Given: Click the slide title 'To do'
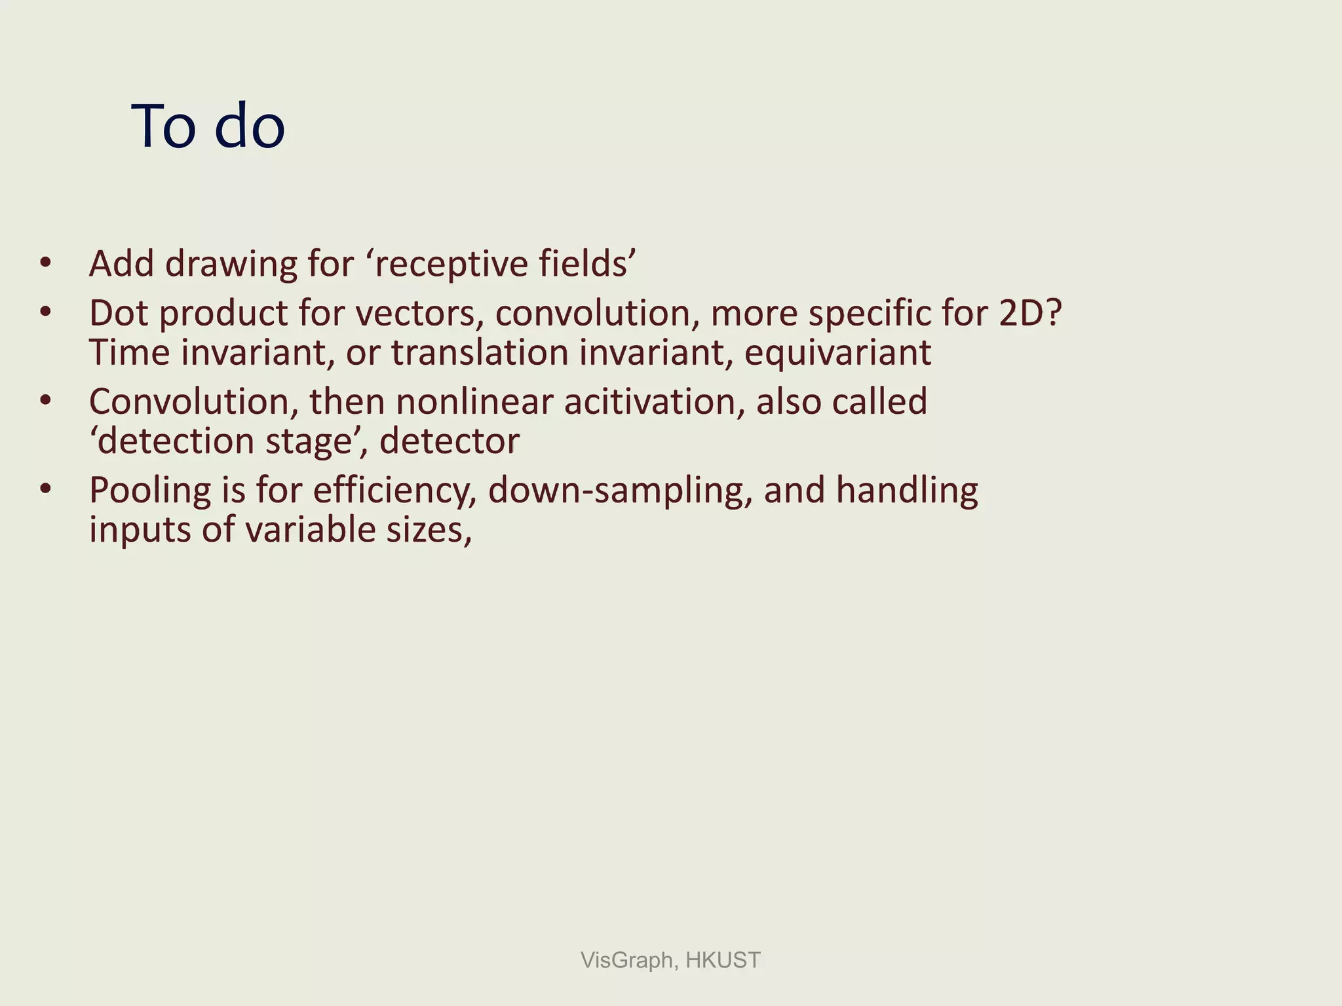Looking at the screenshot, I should (x=208, y=126).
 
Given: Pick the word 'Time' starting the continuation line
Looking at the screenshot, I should (x=130, y=352).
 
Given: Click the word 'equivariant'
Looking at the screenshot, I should (x=837, y=352).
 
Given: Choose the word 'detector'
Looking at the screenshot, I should (x=449, y=441).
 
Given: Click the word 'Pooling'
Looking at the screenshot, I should (x=150, y=490).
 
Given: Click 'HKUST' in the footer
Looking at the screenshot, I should (x=723, y=960).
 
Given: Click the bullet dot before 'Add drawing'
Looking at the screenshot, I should (x=45, y=264).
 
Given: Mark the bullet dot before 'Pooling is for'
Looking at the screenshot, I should (x=45, y=489).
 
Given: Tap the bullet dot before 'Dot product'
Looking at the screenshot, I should (x=45, y=312).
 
